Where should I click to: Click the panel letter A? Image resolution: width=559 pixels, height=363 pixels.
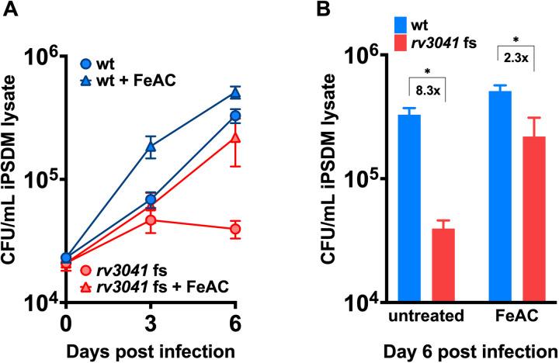click(9, 10)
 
